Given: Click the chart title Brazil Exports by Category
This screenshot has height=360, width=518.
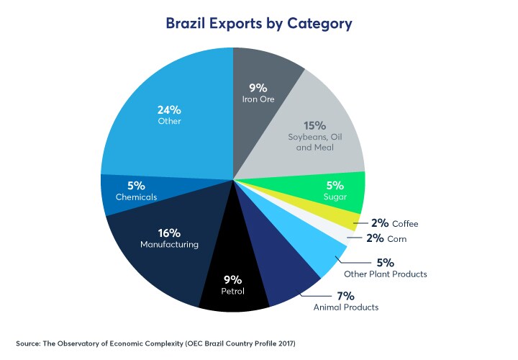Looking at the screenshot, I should click(259, 24).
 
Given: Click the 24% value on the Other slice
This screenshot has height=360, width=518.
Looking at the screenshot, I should click(169, 110).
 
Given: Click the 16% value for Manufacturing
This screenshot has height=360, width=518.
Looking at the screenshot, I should click(169, 233).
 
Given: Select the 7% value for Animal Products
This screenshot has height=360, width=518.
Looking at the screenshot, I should click(346, 295).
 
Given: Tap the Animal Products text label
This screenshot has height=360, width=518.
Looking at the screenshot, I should click(345, 307).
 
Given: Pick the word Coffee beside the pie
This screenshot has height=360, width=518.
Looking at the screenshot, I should click(404, 224).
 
